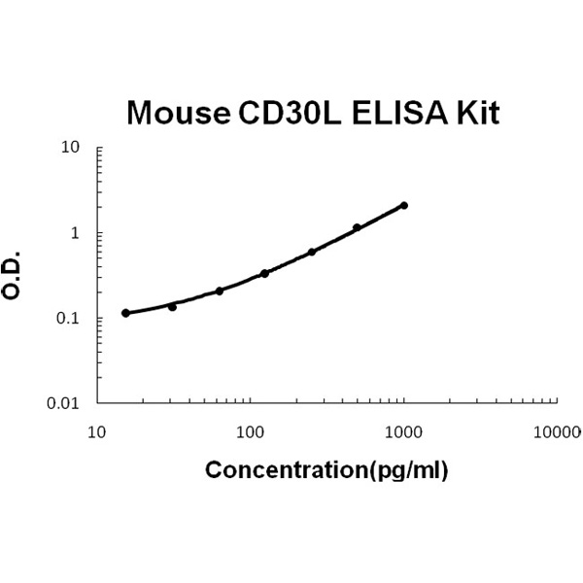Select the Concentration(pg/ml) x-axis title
point(326,471)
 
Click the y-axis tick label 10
point(70,148)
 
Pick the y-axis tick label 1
point(75,233)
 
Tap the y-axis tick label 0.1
point(68,319)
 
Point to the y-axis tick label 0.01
point(64,403)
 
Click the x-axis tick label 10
point(97,429)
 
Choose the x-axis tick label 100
point(251,429)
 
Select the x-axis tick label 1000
point(404,429)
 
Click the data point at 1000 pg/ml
point(404,205)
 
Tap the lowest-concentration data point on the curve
point(126,313)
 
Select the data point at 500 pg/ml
point(358,227)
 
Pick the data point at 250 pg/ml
point(312,252)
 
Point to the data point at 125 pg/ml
point(265,273)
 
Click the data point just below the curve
point(173,307)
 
